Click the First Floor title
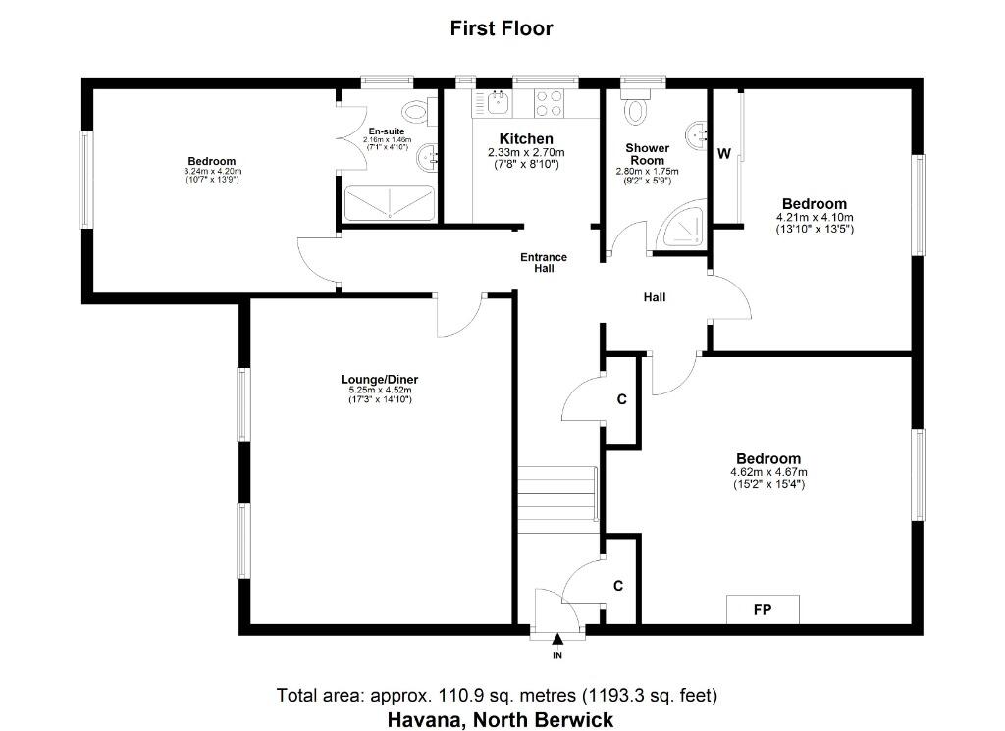coord(502,28)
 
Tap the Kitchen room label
coord(526,139)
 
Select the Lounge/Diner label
coord(380,380)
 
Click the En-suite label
coord(387,131)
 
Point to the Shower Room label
coord(648,154)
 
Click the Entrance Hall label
coord(544,263)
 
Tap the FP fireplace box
coord(763,609)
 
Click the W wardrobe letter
coord(724,154)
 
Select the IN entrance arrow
coord(557,639)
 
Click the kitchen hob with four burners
coord(549,103)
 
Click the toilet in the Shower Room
coord(636,105)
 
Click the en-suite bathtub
coord(390,203)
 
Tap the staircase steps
coord(557,495)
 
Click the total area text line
coord(497,695)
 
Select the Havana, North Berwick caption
coord(500,720)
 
